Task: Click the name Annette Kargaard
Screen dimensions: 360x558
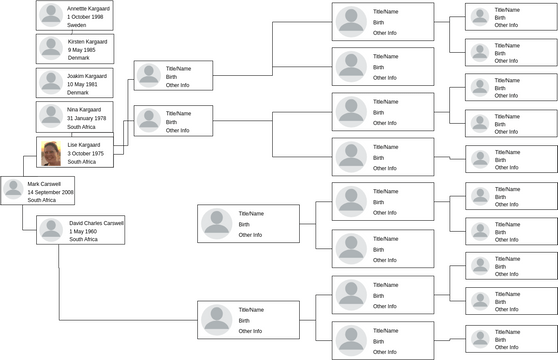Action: (x=89, y=8)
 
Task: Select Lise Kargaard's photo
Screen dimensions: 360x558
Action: (x=51, y=152)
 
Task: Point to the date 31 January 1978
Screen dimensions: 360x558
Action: (x=87, y=119)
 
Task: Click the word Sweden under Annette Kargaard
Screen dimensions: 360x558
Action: (x=77, y=25)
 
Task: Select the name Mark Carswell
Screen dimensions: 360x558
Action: (x=44, y=184)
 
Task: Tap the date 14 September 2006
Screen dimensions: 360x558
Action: (x=51, y=192)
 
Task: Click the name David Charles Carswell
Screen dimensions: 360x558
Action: (x=97, y=223)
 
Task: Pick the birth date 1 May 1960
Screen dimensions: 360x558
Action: (x=83, y=232)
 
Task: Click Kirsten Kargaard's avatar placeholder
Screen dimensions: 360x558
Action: (x=51, y=48)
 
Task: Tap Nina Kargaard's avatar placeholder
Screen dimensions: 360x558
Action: (x=51, y=117)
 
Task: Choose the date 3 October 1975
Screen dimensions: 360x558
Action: (x=87, y=153)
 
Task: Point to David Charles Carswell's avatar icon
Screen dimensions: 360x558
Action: (x=52, y=231)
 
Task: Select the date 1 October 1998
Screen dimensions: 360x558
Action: (x=85, y=17)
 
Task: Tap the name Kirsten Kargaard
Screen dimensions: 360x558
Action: (x=89, y=42)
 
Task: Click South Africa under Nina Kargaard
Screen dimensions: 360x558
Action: (x=82, y=128)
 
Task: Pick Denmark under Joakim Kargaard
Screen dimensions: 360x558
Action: (x=78, y=93)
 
